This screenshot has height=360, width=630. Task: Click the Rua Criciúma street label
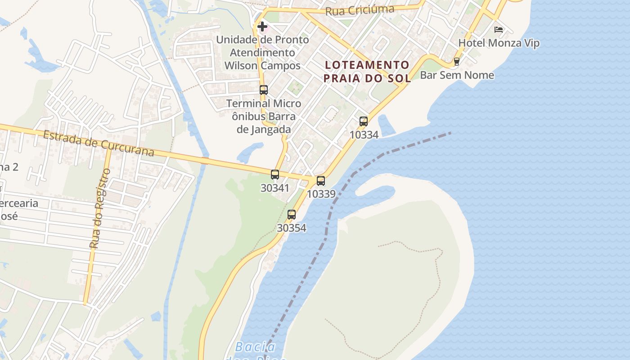click(x=360, y=10)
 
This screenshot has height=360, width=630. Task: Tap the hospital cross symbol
click(x=262, y=27)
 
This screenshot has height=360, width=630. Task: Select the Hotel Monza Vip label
click(x=499, y=43)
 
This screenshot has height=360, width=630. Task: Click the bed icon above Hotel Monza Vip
click(x=499, y=30)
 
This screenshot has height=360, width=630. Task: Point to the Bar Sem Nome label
click(x=457, y=75)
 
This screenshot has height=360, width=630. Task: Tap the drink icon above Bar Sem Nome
click(x=457, y=62)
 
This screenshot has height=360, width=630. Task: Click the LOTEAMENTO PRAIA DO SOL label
click(x=367, y=72)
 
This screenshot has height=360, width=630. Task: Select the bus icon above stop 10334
click(x=364, y=121)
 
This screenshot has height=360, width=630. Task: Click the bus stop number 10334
click(x=364, y=135)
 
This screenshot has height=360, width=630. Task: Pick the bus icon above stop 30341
click(x=275, y=174)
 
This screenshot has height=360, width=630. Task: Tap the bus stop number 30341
click(x=275, y=188)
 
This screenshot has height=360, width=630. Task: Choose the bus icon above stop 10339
click(x=321, y=181)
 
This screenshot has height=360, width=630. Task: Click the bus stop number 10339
click(x=321, y=194)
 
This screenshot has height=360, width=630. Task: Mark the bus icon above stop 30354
click(x=292, y=215)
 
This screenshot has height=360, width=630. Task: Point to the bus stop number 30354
click(x=292, y=228)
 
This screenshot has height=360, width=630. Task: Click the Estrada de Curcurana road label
click(x=99, y=143)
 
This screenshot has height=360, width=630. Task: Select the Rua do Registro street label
click(x=100, y=208)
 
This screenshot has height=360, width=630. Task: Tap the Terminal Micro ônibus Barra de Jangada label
click(x=264, y=117)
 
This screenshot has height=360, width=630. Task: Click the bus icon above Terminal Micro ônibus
click(x=264, y=90)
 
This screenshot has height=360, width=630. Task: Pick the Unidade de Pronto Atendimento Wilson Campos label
click(x=263, y=53)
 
